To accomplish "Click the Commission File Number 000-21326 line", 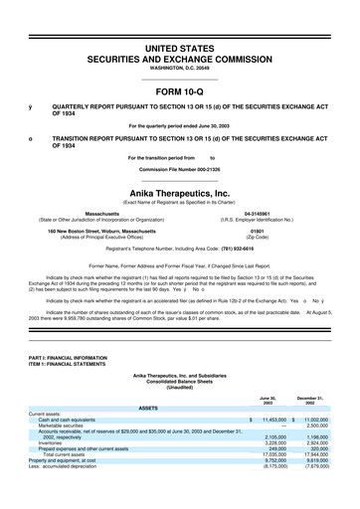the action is click(180, 168).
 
